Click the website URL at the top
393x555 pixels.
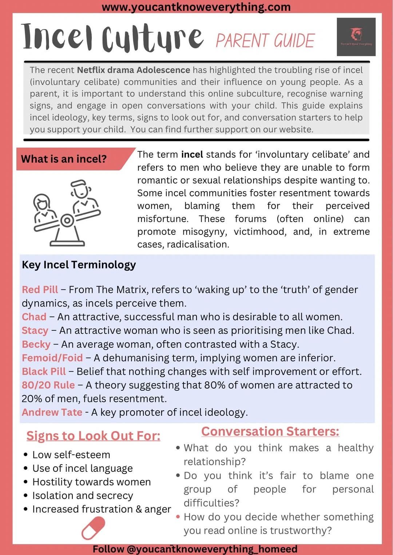(196, 7)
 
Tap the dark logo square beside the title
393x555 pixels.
(356, 37)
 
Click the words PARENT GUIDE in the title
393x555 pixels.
(265, 40)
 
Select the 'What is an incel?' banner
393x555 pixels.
(64, 159)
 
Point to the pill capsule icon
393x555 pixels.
(93, 528)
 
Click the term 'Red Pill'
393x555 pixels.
(40, 289)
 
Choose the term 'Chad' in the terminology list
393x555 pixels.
(34, 317)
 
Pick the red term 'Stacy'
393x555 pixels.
(35, 330)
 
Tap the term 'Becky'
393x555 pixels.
(36, 344)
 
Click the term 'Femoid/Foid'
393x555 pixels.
(52, 358)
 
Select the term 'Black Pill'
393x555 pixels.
(44, 371)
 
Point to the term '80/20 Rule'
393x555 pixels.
(48, 385)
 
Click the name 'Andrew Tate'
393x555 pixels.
(52, 412)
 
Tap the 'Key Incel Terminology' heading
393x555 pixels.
(79, 265)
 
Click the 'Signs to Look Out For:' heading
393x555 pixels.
(93, 435)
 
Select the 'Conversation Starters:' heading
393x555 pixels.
(270, 431)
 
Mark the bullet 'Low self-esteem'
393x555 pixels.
(71, 455)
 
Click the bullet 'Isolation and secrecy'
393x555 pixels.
(83, 495)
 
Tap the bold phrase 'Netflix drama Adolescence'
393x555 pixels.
(134, 70)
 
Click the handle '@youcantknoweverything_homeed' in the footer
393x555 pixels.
(212, 548)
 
